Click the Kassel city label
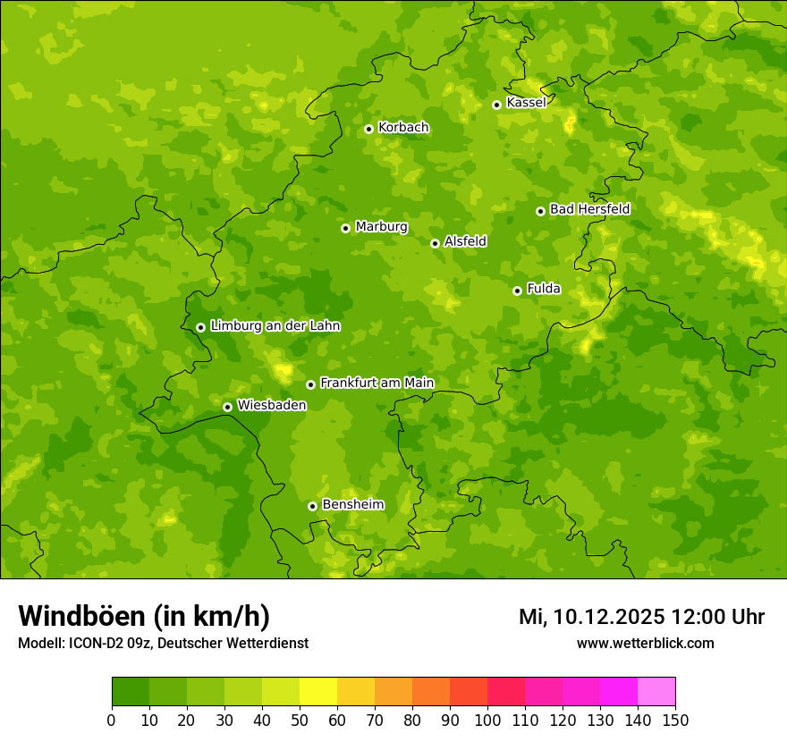[x=526, y=103]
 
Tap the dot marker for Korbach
[x=368, y=129]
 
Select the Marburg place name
[x=381, y=227]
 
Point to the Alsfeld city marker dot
[x=435, y=243]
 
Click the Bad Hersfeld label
[x=589, y=209]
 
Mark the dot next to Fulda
[x=517, y=291]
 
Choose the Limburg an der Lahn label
[x=275, y=326]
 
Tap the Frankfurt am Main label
[x=377, y=384]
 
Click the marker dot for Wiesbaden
[x=227, y=407]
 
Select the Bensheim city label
[x=352, y=505]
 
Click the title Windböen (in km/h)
[x=144, y=616]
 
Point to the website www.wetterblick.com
[x=645, y=643]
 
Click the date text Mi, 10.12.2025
[x=591, y=617]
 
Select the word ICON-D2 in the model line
[x=94, y=643]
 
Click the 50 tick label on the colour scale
[x=300, y=720]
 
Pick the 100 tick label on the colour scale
[x=487, y=720]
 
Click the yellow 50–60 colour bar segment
[x=318, y=691]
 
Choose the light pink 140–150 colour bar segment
[x=656, y=691]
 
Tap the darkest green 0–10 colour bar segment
[x=131, y=691]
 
